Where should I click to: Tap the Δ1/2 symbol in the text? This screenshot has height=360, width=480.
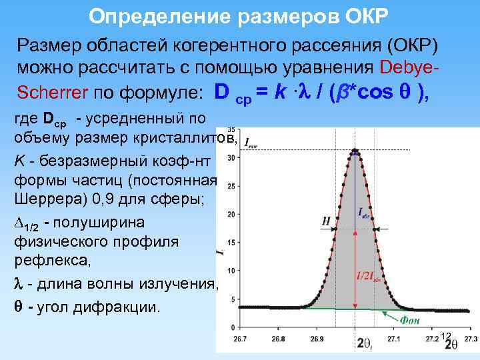coord(25,223)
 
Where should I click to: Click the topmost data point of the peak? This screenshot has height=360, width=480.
coord(355,150)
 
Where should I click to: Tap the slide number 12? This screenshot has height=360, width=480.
coord(446,335)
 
